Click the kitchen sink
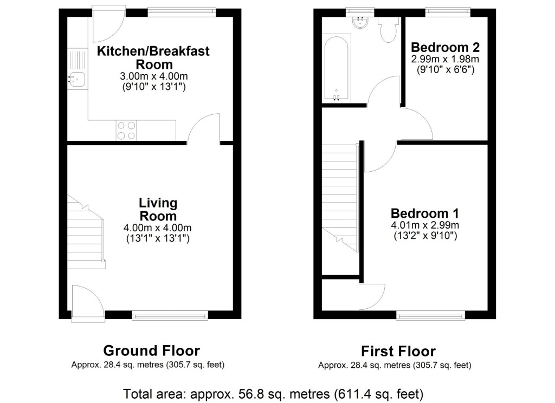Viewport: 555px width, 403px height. [x=76, y=79]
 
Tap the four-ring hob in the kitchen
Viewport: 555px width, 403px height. [x=126, y=130]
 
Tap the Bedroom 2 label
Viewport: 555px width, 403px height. [x=445, y=47]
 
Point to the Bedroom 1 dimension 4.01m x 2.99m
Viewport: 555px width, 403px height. [x=425, y=225]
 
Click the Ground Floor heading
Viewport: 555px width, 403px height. [x=151, y=350]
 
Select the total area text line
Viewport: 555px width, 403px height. [x=274, y=393]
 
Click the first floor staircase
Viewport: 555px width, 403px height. [x=340, y=195]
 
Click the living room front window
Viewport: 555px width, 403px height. [x=170, y=315]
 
